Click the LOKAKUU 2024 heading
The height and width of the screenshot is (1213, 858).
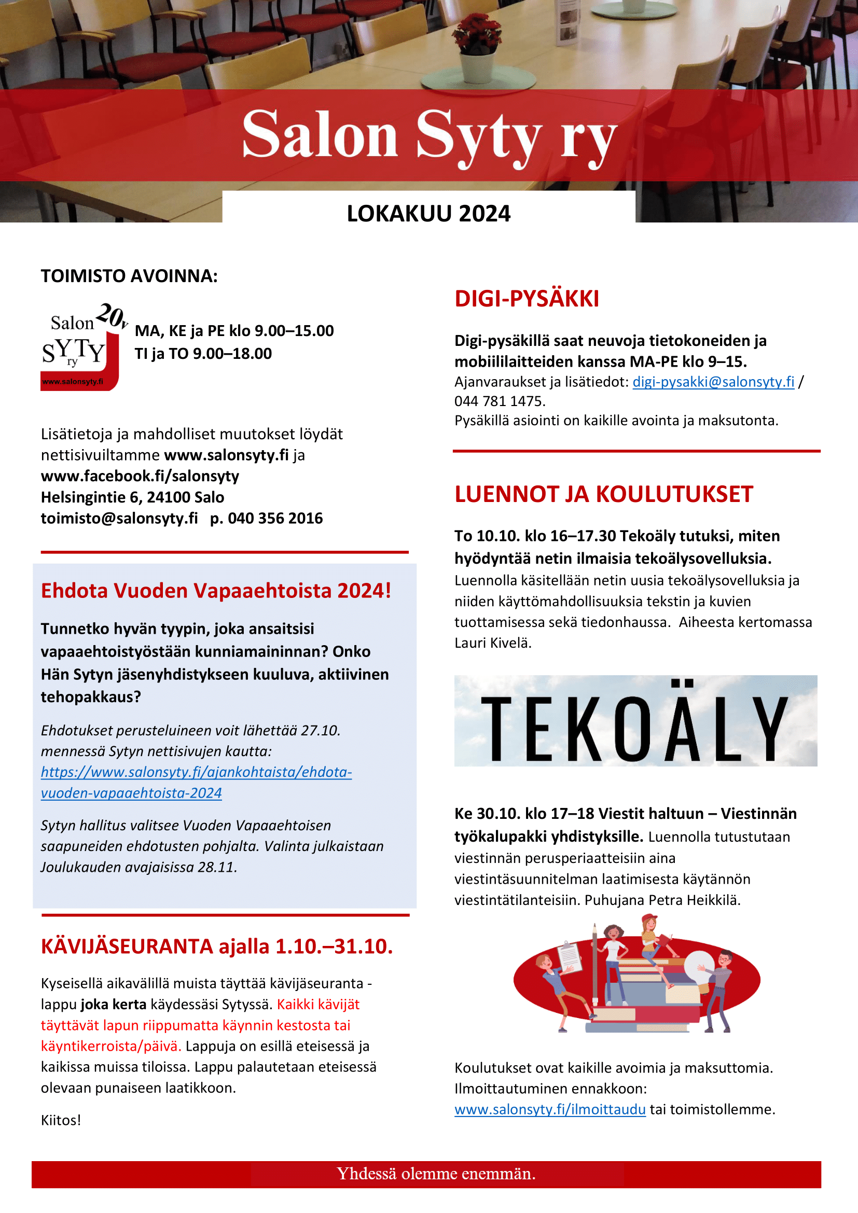click(428, 214)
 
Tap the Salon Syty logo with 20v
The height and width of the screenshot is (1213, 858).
click(81, 347)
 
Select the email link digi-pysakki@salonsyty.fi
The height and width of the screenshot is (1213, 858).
click(713, 382)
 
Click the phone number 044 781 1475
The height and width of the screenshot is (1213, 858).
click(499, 401)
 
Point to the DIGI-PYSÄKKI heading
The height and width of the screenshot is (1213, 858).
click(527, 299)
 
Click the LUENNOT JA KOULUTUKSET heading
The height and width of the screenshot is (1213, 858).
click(603, 494)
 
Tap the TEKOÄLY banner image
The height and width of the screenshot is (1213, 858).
click(635, 721)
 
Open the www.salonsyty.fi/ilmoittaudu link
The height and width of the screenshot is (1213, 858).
click(549, 1109)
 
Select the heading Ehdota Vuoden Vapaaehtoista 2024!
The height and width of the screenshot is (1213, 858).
click(216, 591)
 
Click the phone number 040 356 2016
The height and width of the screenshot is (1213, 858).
click(275, 518)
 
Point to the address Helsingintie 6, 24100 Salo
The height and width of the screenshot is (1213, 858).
click(132, 497)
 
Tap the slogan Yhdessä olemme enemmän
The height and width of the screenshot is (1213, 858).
click(436, 1174)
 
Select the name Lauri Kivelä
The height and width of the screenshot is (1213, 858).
click(492, 643)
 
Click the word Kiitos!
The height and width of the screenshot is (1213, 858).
click(61, 1120)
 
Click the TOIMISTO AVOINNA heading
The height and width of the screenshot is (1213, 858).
click(129, 276)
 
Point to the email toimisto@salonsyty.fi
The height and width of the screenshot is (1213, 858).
click(119, 518)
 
